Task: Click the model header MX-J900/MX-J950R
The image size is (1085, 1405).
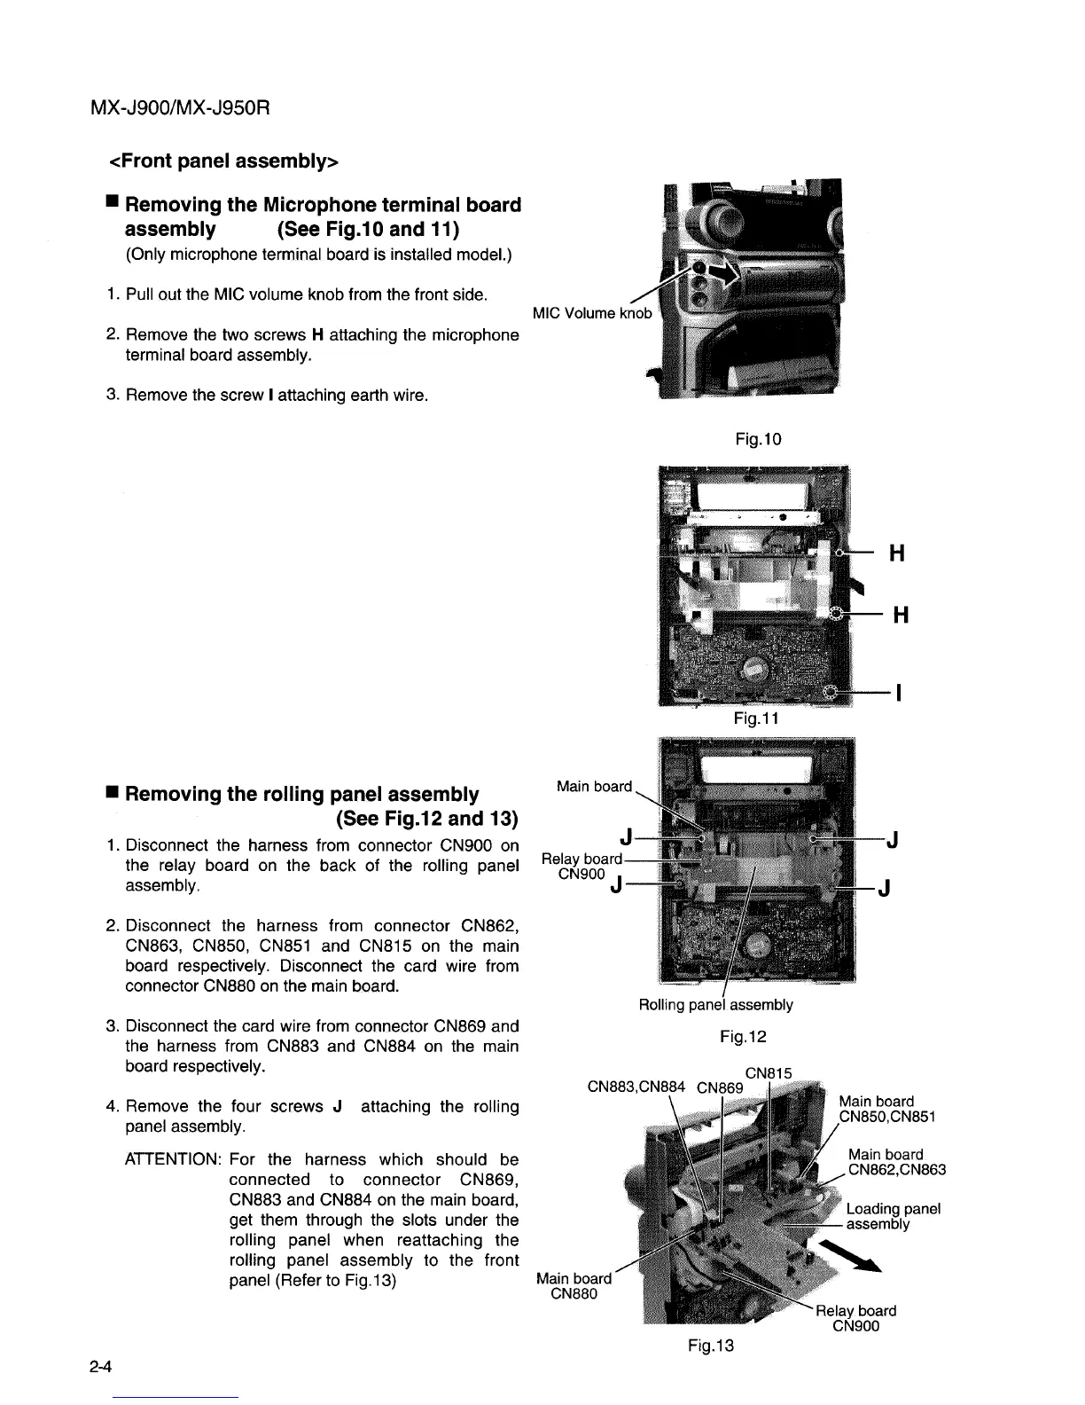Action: point(179,109)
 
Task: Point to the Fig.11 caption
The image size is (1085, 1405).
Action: point(756,718)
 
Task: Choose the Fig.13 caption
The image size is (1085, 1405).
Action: point(711,1346)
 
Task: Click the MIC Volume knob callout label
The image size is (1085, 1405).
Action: point(591,313)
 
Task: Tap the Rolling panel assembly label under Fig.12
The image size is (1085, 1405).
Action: point(715,1004)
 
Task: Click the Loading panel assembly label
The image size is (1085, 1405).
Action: point(893,1216)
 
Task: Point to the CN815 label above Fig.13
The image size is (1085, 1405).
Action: point(769,1072)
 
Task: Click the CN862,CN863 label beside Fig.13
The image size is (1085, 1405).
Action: point(897,1170)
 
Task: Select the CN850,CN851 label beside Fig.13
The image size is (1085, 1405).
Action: point(889,1117)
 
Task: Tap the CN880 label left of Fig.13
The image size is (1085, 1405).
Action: point(574,1293)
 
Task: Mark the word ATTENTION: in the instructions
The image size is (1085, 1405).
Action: point(174,1159)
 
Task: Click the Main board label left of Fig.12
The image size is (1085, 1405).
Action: point(594,786)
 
